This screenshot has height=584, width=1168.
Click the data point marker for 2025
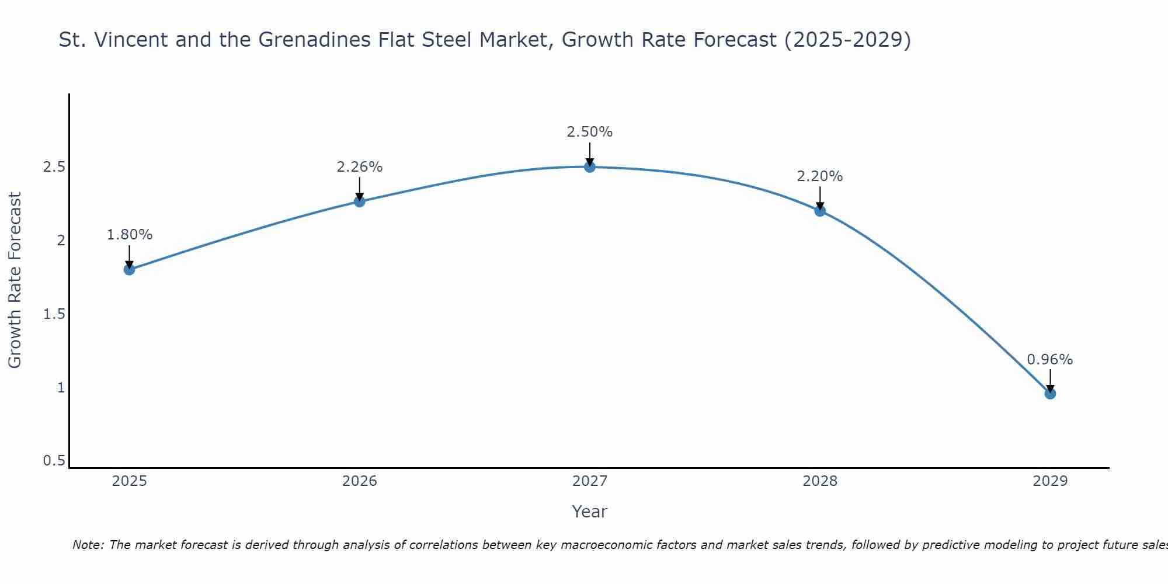point(129,269)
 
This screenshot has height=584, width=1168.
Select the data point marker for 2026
point(360,201)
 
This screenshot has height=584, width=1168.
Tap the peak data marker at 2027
point(590,167)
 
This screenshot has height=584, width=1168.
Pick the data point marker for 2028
point(820,211)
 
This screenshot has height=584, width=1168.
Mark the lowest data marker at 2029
point(1050,394)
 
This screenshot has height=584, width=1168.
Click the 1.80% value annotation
point(129,235)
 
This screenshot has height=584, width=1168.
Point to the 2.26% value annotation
point(360,167)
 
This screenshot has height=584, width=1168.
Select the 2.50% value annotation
point(590,132)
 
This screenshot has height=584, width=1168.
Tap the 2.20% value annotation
point(820,176)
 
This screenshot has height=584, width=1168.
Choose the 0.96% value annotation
point(1050,360)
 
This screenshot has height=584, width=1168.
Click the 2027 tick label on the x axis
point(590,481)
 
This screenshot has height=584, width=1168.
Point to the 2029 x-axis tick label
point(1050,481)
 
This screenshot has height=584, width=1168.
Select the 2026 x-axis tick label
point(360,481)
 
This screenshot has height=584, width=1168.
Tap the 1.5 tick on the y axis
point(54,314)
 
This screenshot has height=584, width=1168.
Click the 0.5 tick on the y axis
point(54,461)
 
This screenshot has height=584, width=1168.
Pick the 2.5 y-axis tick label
point(54,167)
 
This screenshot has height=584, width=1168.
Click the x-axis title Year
point(590,512)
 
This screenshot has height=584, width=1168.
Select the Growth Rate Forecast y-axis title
point(15,280)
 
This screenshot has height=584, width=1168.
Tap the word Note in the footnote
point(88,545)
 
